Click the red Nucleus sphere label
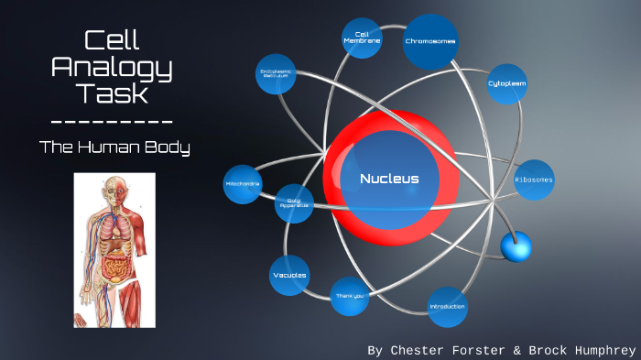pos(389,179)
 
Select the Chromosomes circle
pos(430,41)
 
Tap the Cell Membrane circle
pos(362,38)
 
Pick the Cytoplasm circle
pos(506,83)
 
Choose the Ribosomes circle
pos(533,180)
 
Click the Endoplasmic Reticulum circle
pos(276,73)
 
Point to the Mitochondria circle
pos(243,184)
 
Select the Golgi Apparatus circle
pos(294,202)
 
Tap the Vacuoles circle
pos(290,275)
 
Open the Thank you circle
pos(349,296)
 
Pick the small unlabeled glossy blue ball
pos(516,245)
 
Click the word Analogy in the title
pos(112,66)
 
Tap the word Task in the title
pos(112,93)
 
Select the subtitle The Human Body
pos(114,147)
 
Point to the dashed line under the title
pos(112,122)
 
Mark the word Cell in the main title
pos(112,40)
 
